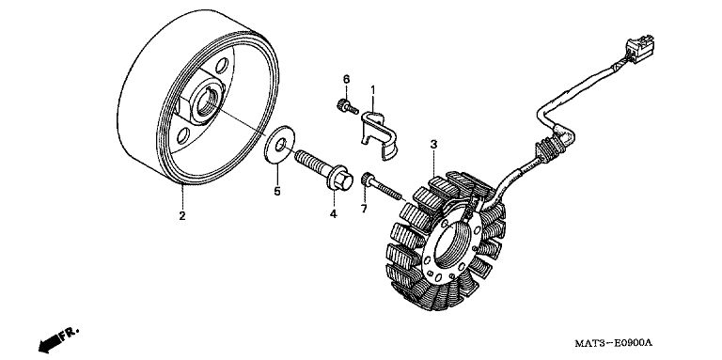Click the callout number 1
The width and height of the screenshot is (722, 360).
(373, 89)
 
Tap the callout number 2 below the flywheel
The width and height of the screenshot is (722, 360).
(182, 215)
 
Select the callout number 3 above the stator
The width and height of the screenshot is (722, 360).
(433, 144)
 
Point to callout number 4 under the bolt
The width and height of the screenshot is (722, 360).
(333, 214)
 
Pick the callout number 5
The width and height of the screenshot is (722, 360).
(277, 191)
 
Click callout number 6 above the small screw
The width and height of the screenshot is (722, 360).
(346, 79)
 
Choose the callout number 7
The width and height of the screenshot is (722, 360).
(364, 209)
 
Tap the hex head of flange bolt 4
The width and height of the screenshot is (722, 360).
(341, 180)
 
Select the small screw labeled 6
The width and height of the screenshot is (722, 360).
(347, 107)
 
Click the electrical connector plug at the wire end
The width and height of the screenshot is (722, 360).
(640, 48)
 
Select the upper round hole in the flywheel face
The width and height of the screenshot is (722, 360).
(222, 66)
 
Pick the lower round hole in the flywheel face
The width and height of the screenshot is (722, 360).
(182, 135)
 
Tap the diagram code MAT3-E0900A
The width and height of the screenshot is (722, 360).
(614, 343)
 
